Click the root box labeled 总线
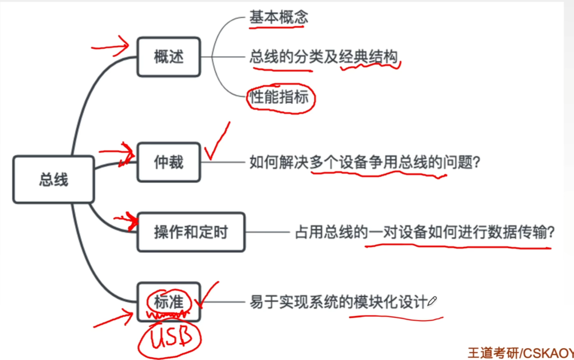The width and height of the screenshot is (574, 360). click(53, 179)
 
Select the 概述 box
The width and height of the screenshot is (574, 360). click(169, 57)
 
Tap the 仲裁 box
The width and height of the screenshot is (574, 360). click(169, 162)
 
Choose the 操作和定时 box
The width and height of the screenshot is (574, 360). click(191, 232)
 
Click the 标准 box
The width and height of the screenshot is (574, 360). click(169, 302)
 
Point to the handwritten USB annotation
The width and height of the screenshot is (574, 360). click(170, 338)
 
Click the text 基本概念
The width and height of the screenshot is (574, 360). click(279, 17)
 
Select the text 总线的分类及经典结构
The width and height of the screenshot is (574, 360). click(323, 57)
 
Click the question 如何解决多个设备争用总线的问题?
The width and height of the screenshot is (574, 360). click(364, 162)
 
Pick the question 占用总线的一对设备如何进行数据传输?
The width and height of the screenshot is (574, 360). click(425, 232)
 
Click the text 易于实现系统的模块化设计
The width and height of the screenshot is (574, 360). click(339, 302)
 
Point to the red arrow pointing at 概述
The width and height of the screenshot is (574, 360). click(110, 47)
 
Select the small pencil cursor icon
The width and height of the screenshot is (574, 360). click(432, 301)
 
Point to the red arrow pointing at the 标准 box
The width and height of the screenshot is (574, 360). click(113, 319)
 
